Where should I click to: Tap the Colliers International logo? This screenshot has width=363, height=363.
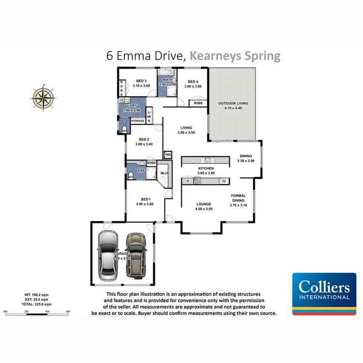point(321,294)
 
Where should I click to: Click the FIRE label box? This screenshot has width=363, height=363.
point(168,155)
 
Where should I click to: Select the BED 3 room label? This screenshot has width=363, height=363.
point(141,81)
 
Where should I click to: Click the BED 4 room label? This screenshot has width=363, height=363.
point(193,81)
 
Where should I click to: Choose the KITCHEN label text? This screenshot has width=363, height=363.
point(206,168)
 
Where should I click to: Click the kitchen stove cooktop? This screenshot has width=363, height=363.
point(197,181)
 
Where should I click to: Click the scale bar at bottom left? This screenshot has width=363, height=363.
point(37,310)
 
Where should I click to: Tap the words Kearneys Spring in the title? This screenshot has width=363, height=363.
point(235,56)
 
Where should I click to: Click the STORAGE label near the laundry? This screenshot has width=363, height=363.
point(137,121)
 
